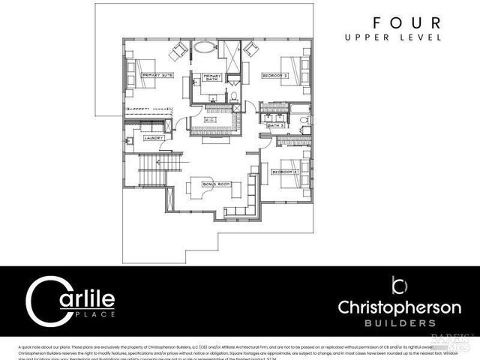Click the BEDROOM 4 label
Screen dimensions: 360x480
286,172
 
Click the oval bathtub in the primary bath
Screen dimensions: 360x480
205,50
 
